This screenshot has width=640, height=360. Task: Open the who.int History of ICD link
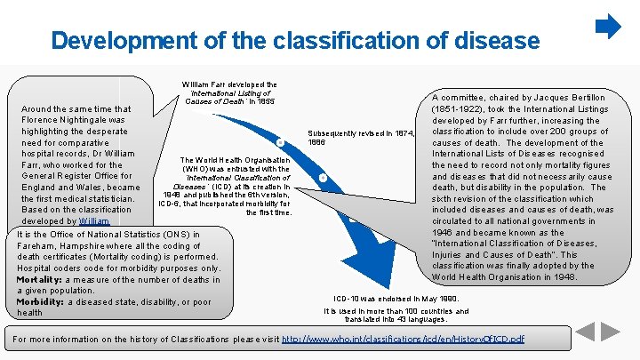click(400, 340)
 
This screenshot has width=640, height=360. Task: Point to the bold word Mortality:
click(43, 279)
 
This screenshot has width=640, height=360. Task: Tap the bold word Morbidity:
click(40, 301)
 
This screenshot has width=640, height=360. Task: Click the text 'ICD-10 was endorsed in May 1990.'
click(396, 298)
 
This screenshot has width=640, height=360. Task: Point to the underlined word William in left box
click(93, 220)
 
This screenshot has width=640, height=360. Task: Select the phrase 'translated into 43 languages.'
click(396, 320)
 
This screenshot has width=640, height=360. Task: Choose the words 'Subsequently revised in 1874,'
click(361, 132)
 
